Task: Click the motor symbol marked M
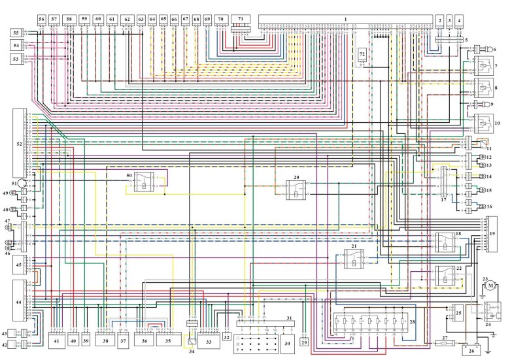pyautogui.click(x=488, y=286)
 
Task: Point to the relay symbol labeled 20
pyautogui.click(x=296, y=189)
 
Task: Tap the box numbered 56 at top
pyautogui.click(x=42, y=19)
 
